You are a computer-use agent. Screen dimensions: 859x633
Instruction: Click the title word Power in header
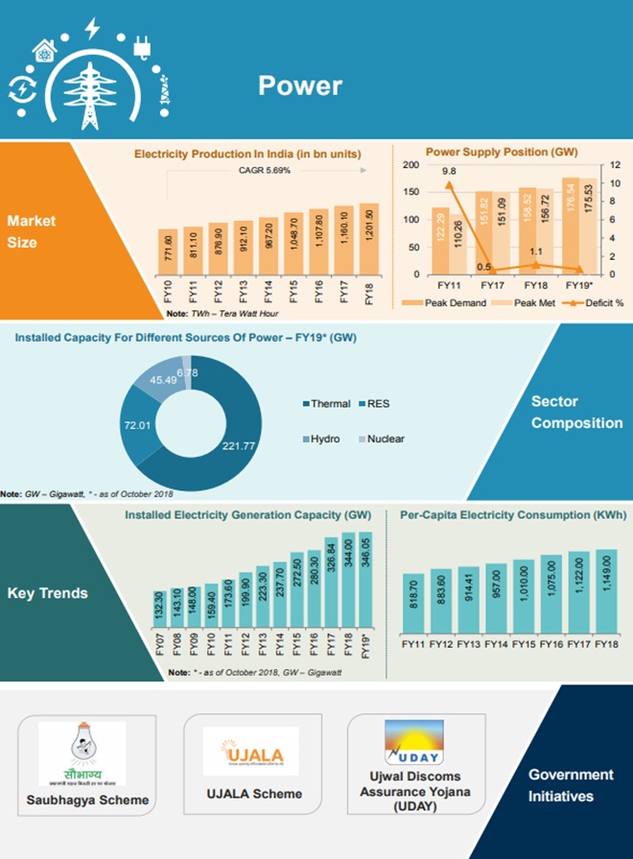tap(299, 85)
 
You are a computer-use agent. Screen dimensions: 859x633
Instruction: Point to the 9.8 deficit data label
tap(449, 172)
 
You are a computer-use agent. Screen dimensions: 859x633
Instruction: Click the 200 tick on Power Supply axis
tap(410, 165)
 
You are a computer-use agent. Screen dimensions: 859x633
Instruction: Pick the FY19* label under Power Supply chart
tap(575, 285)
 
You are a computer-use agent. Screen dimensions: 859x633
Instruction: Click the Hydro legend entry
tap(317, 439)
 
